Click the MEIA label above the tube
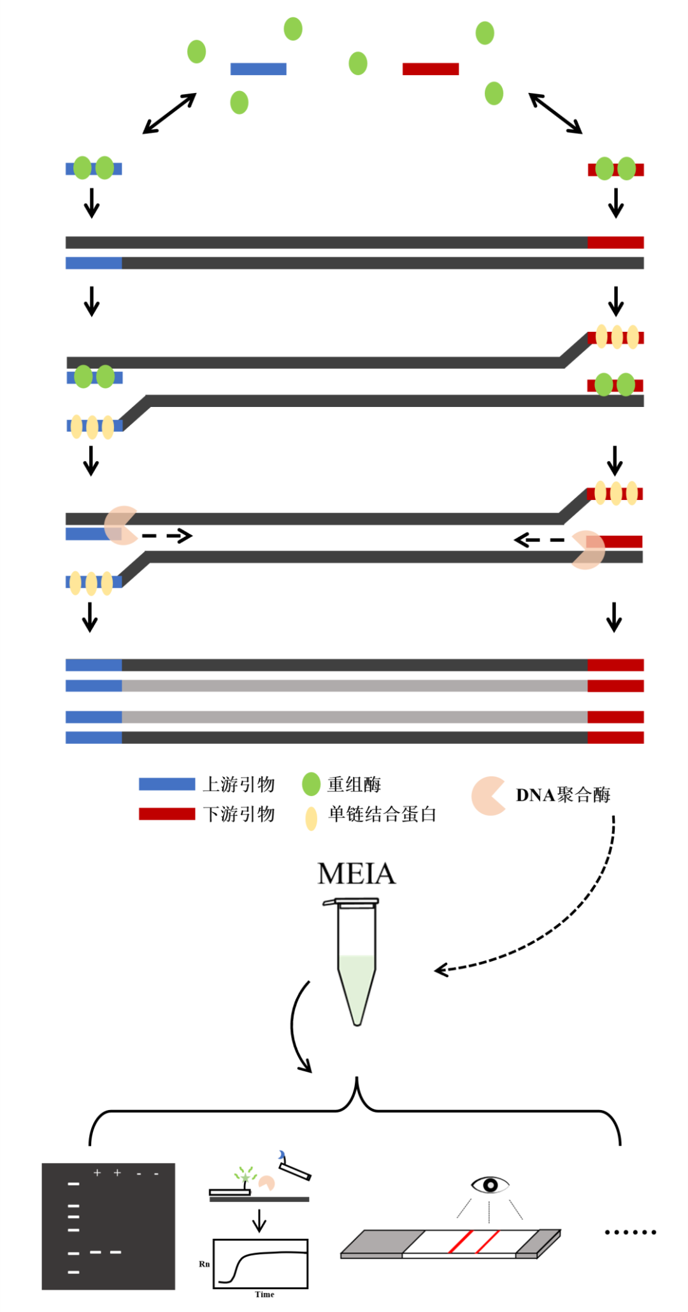click(357, 874)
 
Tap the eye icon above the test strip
click(490, 1185)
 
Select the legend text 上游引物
click(239, 784)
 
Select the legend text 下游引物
click(239, 814)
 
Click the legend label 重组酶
click(354, 784)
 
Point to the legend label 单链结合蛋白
click(382, 814)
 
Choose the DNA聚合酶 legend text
click(563, 795)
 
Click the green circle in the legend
click(311, 784)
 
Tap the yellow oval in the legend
click(311, 818)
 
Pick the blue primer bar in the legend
click(167, 784)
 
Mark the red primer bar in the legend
click(167, 814)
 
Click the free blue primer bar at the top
click(258, 69)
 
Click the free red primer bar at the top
click(431, 69)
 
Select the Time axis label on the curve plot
click(264, 1294)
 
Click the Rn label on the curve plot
click(204, 1264)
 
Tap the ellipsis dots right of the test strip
click(630, 1232)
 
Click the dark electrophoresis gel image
click(108, 1226)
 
